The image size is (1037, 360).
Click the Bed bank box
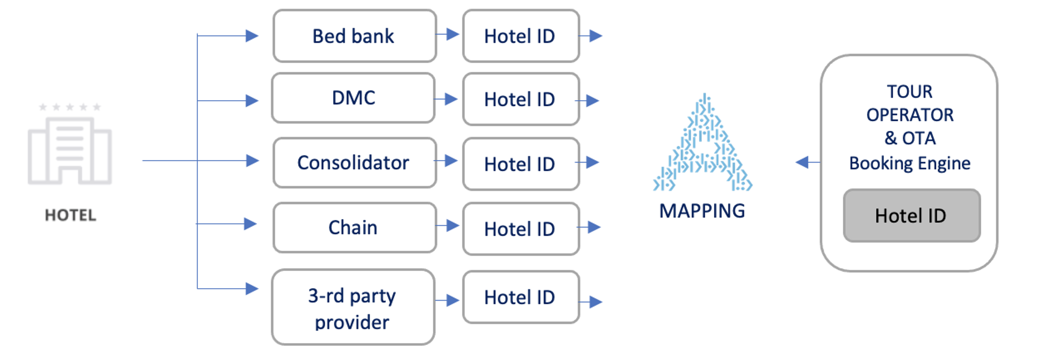pos(354,36)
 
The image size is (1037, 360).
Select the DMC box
pos(353,98)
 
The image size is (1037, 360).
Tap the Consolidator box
pos(354,163)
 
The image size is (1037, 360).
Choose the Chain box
pos(354,227)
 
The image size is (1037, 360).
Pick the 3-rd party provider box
pos(353,307)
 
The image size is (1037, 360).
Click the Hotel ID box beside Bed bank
pos(521,36)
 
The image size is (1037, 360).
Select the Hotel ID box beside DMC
pos(521,99)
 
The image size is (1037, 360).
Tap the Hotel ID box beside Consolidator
pos(521,164)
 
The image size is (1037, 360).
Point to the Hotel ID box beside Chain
pos(521,229)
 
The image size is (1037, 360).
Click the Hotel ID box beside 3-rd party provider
pos(521,297)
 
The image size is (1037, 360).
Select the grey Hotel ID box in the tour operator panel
pos(912,215)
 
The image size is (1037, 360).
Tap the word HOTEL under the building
pos(70,215)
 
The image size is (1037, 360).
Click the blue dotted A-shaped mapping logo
pos(702,143)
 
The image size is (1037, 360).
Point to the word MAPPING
pos(702,211)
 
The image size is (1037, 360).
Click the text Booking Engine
pos(910,163)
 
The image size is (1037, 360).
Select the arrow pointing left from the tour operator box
pos(808,162)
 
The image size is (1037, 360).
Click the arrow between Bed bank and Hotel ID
pos(447,34)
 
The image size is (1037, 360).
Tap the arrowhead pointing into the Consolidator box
pos(253,161)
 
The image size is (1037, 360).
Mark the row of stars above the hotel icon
pos(70,107)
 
